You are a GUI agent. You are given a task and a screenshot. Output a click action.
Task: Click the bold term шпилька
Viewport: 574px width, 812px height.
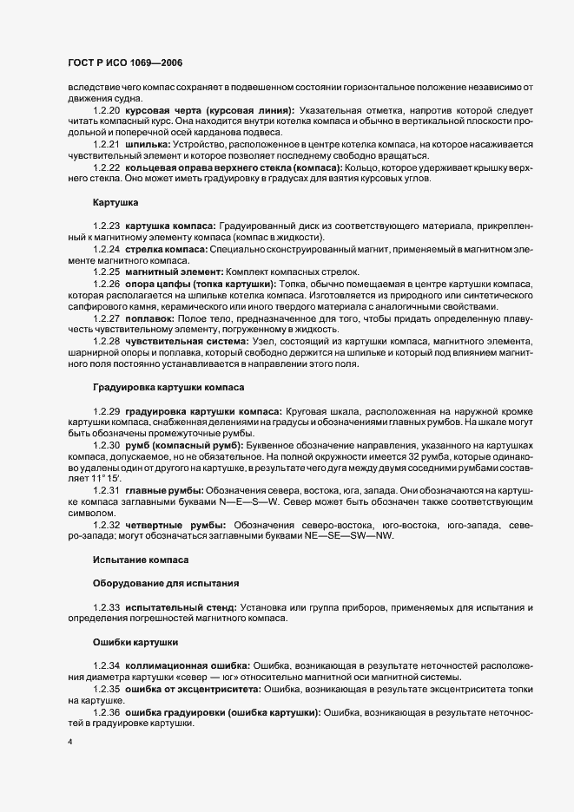coord(148,143)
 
